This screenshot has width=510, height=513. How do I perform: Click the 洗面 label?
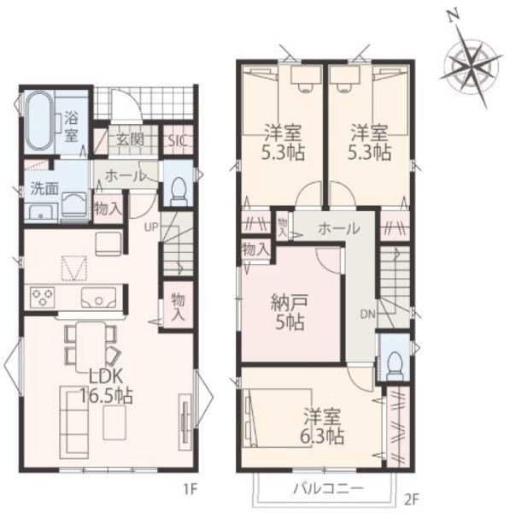point(44,190)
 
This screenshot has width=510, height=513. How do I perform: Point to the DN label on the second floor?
point(367,315)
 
